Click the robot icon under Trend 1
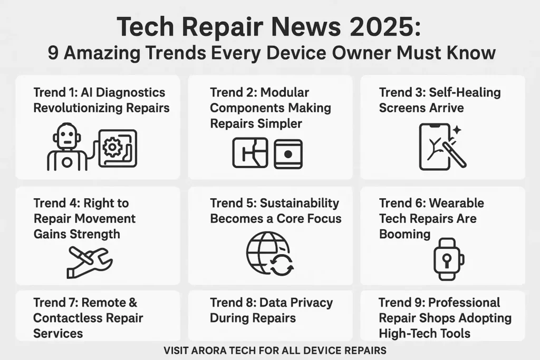pos(67,148)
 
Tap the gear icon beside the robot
pos(112,148)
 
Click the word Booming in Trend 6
pos(404,233)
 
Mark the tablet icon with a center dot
pos(288,154)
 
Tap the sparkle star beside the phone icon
pos(456,129)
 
